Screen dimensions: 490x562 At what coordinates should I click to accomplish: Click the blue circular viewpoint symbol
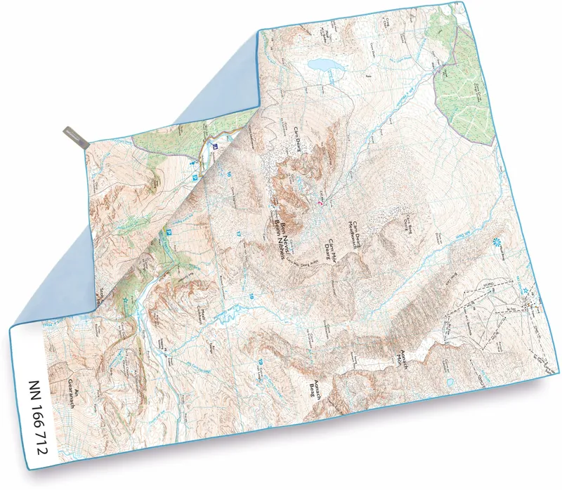click(498, 243)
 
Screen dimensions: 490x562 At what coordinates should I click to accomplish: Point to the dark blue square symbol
click(215, 147)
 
